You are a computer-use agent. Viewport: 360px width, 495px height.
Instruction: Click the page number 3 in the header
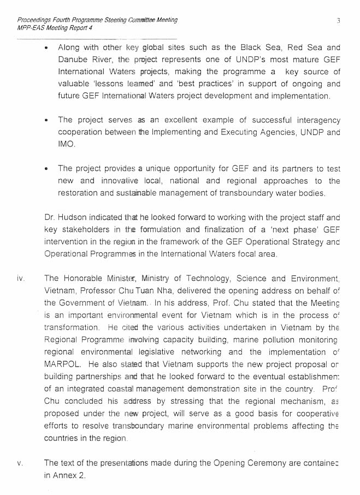pos(339,21)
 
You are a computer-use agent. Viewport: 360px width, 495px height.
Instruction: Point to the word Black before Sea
pos(253,48)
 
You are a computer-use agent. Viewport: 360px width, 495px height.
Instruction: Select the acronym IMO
pos(67,144)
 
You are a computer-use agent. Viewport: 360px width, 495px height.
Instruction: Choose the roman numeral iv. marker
pos(21,279)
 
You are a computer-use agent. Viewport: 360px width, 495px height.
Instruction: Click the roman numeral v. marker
pos(20,463)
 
